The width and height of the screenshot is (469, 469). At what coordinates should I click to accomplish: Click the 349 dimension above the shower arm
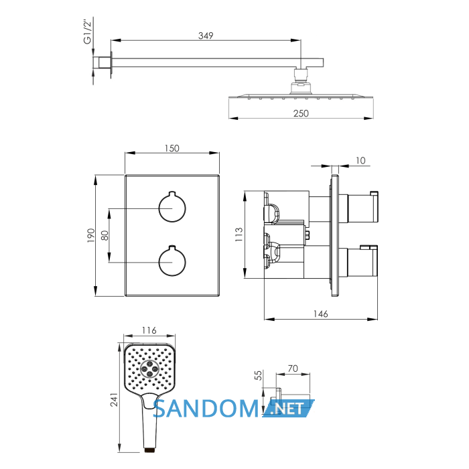coord(206,36)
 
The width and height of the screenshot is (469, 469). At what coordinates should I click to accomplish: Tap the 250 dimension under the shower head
coord(301,113)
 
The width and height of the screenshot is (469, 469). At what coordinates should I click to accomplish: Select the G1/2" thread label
coord(88,31)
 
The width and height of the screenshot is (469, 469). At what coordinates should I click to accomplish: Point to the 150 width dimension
coord(172,148)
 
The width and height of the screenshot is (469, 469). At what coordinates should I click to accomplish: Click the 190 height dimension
coord(91,235)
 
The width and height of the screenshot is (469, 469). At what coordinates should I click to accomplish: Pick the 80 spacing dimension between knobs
coord(105,235)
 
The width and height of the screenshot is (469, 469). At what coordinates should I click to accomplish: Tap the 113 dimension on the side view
coord(239,234)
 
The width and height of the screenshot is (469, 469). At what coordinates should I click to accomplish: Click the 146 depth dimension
coord(321,314)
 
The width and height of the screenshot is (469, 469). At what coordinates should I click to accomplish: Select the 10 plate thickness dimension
coord(360,161)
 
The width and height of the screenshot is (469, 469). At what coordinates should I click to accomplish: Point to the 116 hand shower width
coord(149,330)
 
